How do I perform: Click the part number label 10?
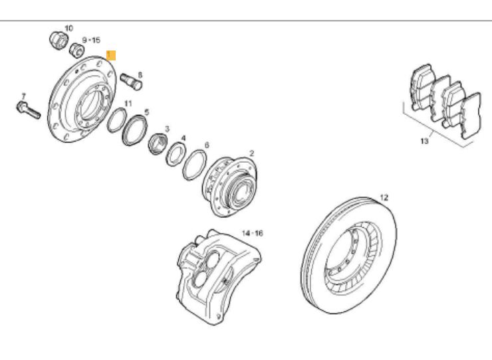click(68, 28)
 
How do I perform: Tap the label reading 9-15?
click(91, 41)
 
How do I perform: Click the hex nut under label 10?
click(59, 40)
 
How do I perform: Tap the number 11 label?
click(128, 104)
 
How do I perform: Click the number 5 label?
click(147, 112)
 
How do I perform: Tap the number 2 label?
click(251, 153)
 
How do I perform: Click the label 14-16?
click(253, 234)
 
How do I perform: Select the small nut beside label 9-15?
click(78, 49)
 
